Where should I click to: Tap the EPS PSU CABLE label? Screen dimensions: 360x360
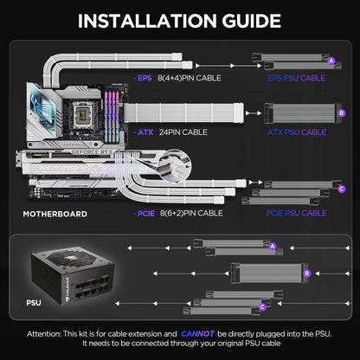coord(295,77)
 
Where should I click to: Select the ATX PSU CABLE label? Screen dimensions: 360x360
coord(296,132)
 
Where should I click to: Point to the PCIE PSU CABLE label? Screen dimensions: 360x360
coord(295,212)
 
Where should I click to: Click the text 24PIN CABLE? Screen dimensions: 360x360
coord(183,132)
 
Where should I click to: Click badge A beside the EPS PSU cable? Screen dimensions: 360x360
coord(331,60)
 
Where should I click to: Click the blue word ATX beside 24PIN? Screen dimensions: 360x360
coord(144,132)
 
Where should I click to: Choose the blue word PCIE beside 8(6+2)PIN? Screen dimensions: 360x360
coord(145,212)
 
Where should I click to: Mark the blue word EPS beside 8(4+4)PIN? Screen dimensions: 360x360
coord(145,77)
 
